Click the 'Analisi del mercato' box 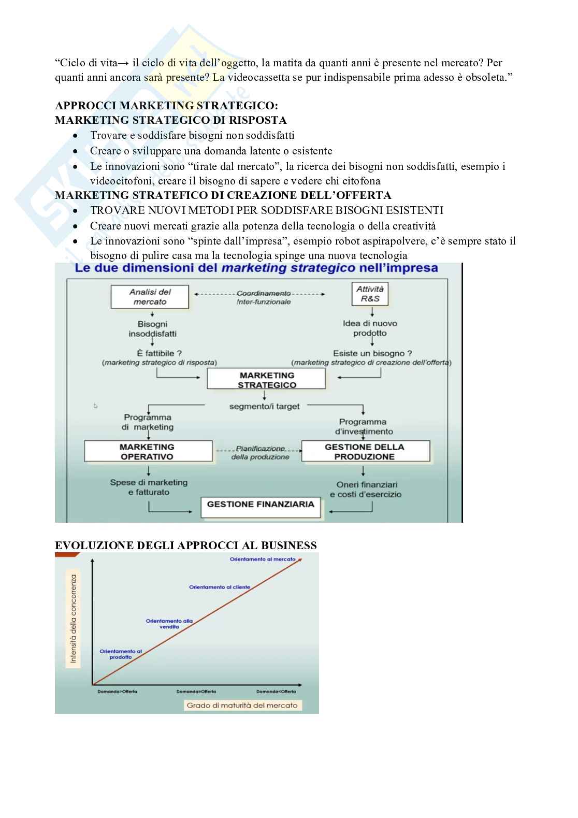click(150, 297)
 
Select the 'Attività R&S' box click(370, 294)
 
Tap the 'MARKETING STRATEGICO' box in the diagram click(267, 380)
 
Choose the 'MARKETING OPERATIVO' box click(148, 451)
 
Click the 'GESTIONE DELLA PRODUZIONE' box click(365, 451)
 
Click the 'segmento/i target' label click(264, 407)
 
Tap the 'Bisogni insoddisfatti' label click(152, 329)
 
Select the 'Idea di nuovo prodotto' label click(370, 328)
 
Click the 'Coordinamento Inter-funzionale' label click(263, 297)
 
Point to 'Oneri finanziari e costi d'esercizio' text click(366, 490)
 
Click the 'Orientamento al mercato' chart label click(263, 559)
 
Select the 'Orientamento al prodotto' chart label click(121, 654)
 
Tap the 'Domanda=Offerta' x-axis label click(196, 692)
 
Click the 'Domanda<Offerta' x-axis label click(276, 692)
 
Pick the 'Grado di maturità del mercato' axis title click(242, 705)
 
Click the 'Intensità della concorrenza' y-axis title click(74, 619)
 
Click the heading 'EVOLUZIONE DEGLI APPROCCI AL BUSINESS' click(185, 546)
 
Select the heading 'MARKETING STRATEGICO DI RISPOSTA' click(170, 120)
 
